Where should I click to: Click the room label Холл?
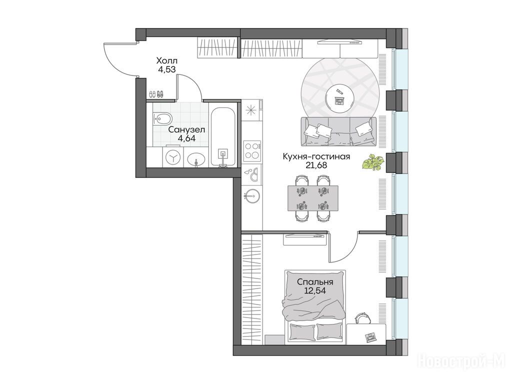pyautogui.click(x=167, y=60)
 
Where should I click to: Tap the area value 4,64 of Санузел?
pyautogui.click(x=186, y=138)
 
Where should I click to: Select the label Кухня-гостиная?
pyautogui.click(x=316, y=156)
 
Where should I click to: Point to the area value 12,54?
pyautogui.click(x=315, y=290)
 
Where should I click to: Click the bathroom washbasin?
pyautogui.click(x=196, y=159)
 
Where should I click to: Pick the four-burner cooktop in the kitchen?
pyautogui.click(x=252, y=150)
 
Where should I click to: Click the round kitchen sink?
pyautogui.click(x=251, y=196)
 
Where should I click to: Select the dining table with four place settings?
pyautogui.click(x=313, y=198)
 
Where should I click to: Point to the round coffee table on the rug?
pyautogui.click(x=339, y=96)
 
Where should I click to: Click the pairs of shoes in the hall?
pyautogui.click(x=156, y=94)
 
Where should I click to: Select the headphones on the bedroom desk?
pyautogui.click(x=361, y=317)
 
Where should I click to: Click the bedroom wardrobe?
pyautogui.click(x=252, y=289)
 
